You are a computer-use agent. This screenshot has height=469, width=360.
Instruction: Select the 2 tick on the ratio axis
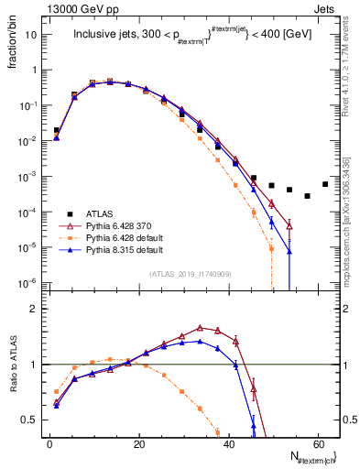(x=37, y=309)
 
